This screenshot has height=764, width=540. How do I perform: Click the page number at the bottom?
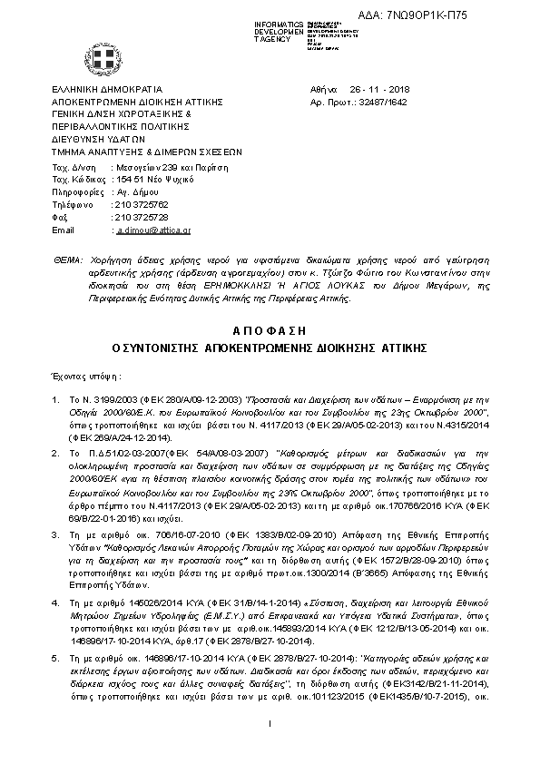pos(270,747)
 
